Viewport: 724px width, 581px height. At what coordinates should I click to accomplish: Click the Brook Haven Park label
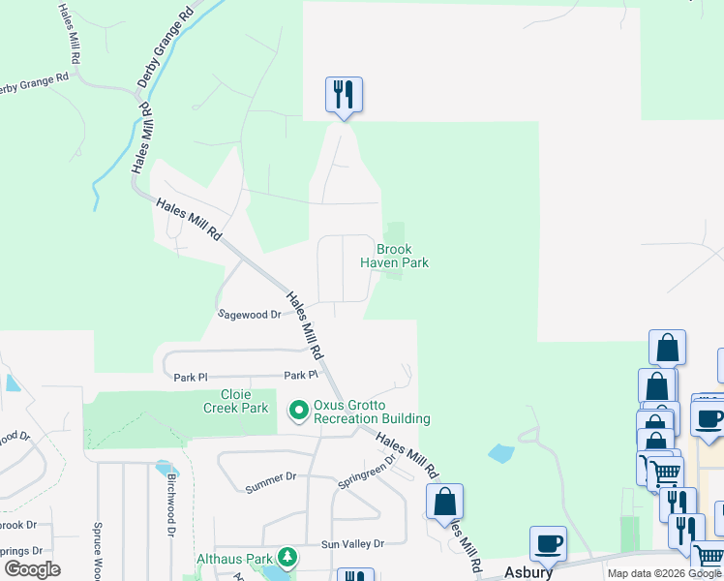[394, 256]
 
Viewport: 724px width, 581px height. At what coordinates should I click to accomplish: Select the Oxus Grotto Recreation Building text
[372, 413]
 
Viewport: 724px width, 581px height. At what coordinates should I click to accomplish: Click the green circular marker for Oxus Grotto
[299, 413]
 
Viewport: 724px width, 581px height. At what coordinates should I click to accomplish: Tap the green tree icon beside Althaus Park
[287, 558]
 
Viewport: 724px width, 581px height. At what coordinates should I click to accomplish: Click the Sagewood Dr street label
[249, 314]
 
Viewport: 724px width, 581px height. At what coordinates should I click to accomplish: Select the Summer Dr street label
[271, 478]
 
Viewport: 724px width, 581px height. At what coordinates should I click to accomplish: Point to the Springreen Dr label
[367, 473]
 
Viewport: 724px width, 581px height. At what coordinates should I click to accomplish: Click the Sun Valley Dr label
[352, 543]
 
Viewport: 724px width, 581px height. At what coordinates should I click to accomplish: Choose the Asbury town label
[528, 572]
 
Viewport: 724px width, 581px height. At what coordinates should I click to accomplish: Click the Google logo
[32, 569]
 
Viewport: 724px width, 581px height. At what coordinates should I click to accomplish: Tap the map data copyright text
[665, 573]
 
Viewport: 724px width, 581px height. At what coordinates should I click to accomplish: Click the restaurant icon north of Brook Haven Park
[344, 95]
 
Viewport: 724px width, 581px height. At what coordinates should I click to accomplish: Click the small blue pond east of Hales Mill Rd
[501, 452]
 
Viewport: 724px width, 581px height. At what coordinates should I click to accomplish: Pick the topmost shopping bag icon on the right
[667, 348]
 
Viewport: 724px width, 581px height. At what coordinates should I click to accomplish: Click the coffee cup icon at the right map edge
[709, 419]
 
